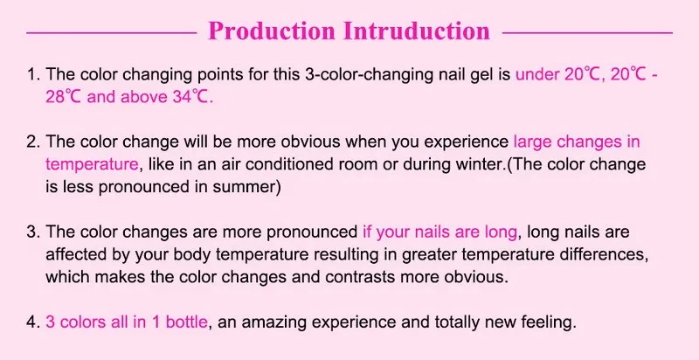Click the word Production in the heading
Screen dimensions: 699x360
(x=272, y=31)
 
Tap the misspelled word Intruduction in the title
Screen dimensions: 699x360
(x=417, y=31)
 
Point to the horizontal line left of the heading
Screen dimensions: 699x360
(x=112, y=32)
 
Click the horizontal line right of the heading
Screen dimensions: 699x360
(x=587, y=32)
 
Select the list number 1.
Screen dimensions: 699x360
(x=33, y=74)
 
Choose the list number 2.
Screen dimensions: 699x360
(x=33, y=142)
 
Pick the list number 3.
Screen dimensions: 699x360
(x=33, y=232)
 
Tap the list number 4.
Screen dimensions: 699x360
(x=33, y=322)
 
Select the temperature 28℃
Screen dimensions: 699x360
(x=63, y=97)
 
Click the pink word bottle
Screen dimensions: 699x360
(x=186, y=322)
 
